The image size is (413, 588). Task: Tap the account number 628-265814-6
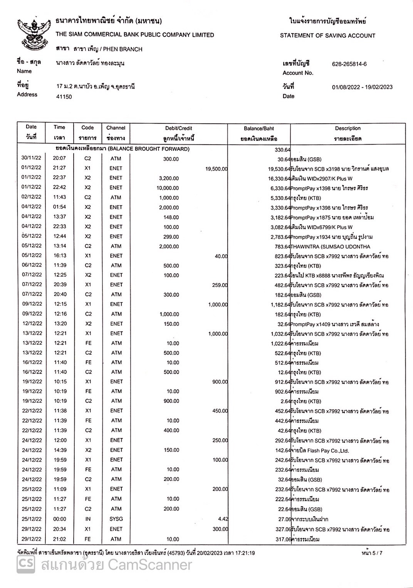coord(349,64)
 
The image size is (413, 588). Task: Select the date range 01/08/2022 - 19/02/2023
coord(362,87)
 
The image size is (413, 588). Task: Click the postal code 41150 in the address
coord(64,97)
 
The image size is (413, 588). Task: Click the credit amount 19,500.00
coord(217,169)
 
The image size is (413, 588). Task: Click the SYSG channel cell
coord(116,519)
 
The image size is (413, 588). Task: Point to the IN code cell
coord(88,519)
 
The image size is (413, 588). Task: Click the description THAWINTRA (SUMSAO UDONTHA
coord(330,247)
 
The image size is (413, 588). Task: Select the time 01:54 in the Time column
coord(60,207)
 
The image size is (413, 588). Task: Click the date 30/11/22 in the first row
coord(32,158)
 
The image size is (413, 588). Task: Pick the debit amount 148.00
coord(171,217)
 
